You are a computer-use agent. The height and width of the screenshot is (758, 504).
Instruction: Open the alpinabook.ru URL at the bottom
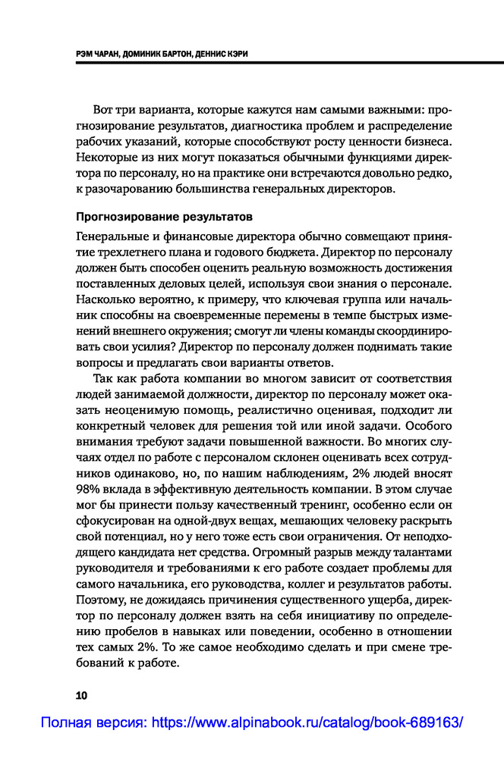[x=307, y=723]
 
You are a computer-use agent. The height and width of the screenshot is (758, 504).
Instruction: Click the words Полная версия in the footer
[x=93, y=723]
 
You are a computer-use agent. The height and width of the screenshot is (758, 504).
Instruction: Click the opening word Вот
[x=102, y=108]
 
